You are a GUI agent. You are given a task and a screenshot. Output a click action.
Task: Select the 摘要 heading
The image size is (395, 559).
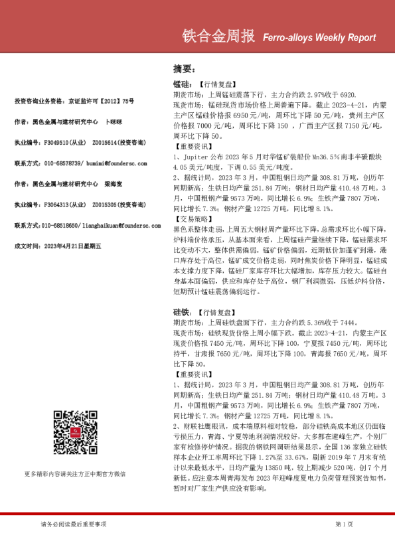tap(183, 68)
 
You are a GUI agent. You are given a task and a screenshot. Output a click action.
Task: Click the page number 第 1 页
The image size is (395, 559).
tap(344, 524)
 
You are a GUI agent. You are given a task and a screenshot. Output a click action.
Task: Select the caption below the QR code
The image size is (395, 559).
tap(75, 474)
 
